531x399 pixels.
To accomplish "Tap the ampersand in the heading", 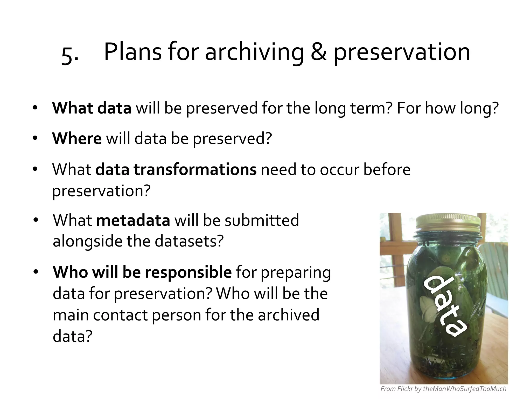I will (x=318, y=52).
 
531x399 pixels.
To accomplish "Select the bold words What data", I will (x=92, y=108).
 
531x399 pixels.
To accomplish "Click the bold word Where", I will (x=77, y=138).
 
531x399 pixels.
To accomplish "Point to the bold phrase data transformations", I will (x=176, y=169).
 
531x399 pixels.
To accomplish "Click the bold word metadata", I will (x=133, y=220).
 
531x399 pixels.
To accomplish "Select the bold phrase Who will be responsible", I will (x=142, y=272).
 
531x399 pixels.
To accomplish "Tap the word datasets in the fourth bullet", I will (x=189, y=241).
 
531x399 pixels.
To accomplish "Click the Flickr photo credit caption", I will (x=443, y=389).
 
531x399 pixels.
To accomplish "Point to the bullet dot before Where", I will (x=35, y=138).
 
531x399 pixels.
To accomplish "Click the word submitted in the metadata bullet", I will (x=262, y=220).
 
